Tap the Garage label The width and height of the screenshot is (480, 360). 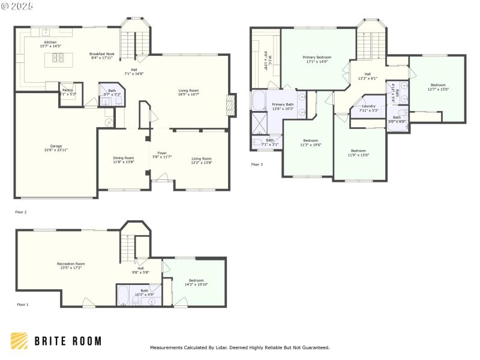[56, 148]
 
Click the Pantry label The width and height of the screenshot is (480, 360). [67, 92]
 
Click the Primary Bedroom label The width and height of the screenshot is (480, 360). [318, 59]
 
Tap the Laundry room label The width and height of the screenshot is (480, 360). [368, 108]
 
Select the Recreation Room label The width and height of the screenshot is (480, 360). [71, 266]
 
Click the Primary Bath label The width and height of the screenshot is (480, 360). [283, 106]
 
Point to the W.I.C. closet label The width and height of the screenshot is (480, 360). [268, 62]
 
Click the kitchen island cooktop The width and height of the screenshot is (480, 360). [58, 58]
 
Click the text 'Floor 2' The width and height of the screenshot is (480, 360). [20, 212]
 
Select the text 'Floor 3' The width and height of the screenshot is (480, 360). [256, 164]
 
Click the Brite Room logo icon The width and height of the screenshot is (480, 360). [19, 341]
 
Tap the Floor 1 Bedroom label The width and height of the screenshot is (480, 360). [196, 282]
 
